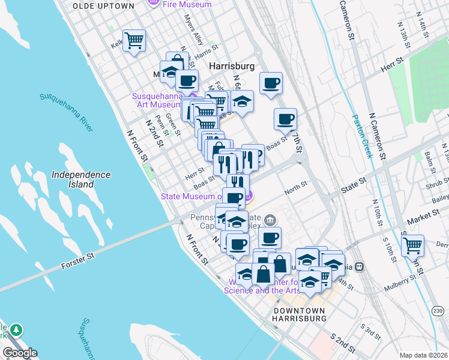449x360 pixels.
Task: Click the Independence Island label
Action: pos(80,179)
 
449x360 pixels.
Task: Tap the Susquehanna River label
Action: pos(67,111)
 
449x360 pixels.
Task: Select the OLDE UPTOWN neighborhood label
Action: pos(103,5)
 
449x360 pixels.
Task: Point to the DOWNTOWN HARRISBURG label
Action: pos(299,315)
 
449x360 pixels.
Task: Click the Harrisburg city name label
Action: pos(232,65)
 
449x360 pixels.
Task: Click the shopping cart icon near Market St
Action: pos(412,245)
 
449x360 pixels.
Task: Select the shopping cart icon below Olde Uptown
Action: pos(134,41)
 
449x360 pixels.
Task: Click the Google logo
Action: pos(19,353)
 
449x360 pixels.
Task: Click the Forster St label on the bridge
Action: pos(79,262)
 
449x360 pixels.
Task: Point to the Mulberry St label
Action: pos(405,280)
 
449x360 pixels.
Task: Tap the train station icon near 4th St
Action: pos(359,266)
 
